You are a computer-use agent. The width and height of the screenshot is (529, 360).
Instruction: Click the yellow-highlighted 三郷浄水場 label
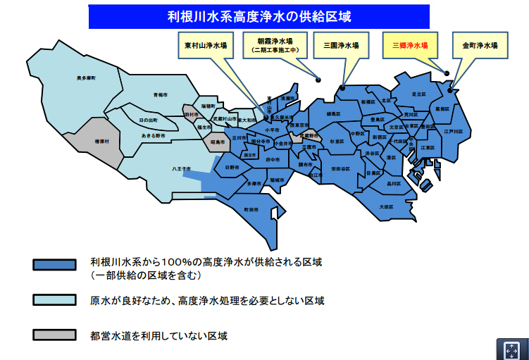coord(410,45)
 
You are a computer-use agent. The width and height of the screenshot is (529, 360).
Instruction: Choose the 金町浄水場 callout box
coord(480,45)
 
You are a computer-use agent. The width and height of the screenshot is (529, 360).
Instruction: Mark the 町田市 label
coord(251,209)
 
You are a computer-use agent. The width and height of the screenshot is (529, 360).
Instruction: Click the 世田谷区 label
coord(340,168)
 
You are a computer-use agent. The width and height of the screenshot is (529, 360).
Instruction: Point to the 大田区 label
coord(385,206)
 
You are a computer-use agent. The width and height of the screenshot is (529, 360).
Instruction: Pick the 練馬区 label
coord(333,113)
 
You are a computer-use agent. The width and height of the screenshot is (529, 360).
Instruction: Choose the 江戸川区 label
coord(452,132)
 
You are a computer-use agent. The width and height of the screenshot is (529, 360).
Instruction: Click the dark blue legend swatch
coord(54,265)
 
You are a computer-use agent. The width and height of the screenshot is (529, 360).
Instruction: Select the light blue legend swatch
coord(54,300)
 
